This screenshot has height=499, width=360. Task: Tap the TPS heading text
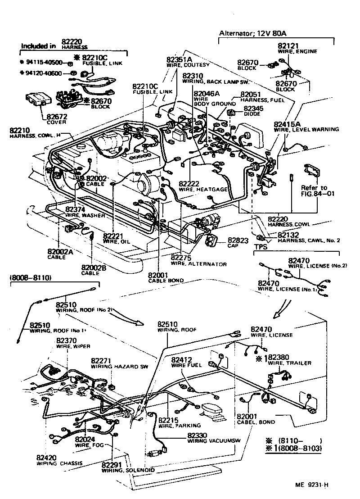pos(261,247)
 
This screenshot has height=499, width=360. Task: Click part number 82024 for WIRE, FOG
pos(85,439)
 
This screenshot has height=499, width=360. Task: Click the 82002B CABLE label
pos(94,268)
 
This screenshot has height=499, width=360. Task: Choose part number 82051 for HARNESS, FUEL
pos(251,95)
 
